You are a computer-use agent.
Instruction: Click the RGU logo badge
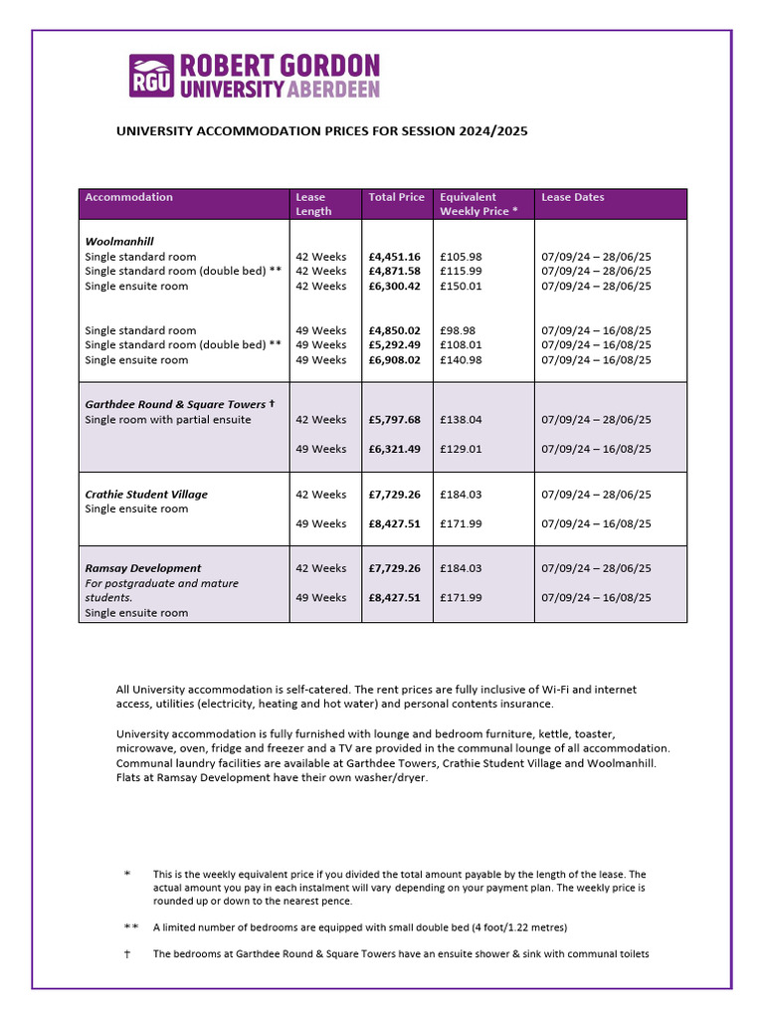click(152, 77)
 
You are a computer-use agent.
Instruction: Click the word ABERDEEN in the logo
click(333, 90)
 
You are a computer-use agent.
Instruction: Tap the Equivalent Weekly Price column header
click(477, 204)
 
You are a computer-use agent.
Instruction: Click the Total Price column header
click(396, 197)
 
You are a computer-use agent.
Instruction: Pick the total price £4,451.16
click(394, 257)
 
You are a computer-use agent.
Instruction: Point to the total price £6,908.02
click(394, 360)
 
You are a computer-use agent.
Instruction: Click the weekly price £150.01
click(461, 286)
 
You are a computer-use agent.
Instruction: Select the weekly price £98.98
click(458, 330)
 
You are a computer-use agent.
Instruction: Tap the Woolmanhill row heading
click(119, 242)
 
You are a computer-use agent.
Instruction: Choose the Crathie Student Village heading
click(146, 495)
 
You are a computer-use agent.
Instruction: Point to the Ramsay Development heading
click(143, 568)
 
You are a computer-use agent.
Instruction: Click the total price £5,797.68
click(394, 420)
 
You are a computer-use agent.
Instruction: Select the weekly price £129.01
click(461, 449)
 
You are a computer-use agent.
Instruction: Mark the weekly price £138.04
click(461, 420)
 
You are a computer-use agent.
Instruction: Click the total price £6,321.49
click(394, 449)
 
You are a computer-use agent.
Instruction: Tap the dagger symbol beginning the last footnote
click(127, 954)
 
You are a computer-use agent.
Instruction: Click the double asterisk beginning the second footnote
click(130, 927)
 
